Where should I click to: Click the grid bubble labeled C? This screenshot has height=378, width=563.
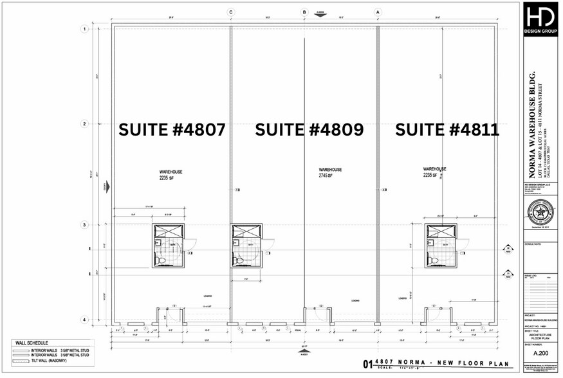tap(231, 12)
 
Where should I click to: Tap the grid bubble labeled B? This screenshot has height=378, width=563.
tap(304, 12)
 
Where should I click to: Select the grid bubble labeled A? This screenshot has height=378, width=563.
tap(378, 12)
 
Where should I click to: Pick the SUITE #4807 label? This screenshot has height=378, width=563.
tap(172, 130)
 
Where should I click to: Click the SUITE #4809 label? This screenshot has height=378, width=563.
tap(309, 130)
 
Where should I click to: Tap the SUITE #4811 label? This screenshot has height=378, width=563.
tap(447, 130)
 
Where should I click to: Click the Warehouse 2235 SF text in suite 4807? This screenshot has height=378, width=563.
tap(171, 175)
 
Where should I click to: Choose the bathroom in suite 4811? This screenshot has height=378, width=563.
tap(440, 246)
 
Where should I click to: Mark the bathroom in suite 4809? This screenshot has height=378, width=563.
tap(247, 246)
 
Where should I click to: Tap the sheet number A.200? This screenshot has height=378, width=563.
tap(540, 352)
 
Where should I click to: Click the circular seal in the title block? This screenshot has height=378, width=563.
tap(540, 211)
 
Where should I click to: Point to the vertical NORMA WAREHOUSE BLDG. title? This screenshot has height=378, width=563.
tap(531, 129)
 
